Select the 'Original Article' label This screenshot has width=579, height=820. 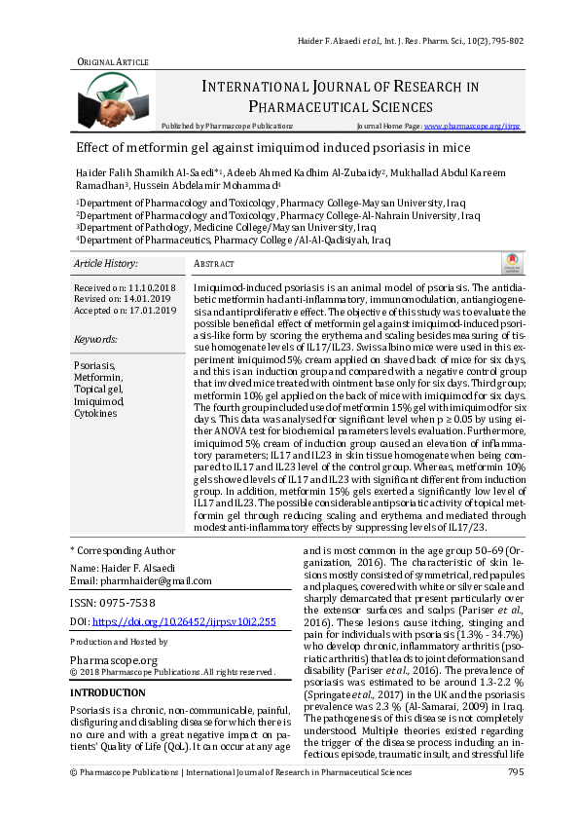113,61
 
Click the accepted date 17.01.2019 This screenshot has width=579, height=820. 147,311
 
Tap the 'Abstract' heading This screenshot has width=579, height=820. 214,264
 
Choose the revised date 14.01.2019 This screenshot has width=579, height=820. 144,300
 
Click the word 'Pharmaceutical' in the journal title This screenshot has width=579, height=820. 304,106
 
